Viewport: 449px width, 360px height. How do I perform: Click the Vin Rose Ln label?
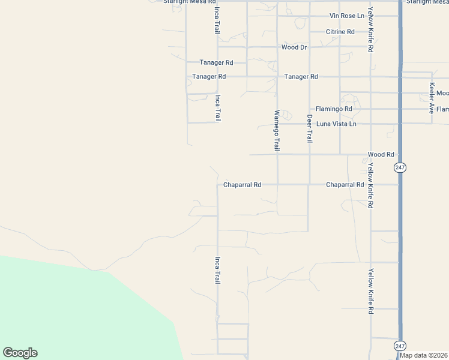point(347,16)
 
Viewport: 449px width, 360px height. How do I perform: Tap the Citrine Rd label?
point(340,31)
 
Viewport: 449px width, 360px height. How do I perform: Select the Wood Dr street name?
point(294,47)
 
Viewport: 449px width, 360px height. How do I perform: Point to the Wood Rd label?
point(381,154)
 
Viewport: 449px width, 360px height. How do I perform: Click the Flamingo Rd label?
point(334,109)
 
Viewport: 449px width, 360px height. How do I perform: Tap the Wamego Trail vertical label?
point(277,130)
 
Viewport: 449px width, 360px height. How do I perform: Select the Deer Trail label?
point(310,128)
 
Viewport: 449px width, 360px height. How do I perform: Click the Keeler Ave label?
point(432,98)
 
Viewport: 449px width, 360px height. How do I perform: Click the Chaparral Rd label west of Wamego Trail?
point(242,185)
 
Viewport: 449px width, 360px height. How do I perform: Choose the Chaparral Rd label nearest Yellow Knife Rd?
point(345,185)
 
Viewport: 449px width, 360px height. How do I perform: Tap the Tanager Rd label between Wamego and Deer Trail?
point(301,77)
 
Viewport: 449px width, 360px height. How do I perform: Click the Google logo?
point(20,353)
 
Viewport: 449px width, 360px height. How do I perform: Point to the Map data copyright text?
point(424,355)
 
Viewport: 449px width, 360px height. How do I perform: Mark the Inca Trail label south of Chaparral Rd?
point(217,270)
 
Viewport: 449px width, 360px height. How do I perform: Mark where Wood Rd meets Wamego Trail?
point(277,155)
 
